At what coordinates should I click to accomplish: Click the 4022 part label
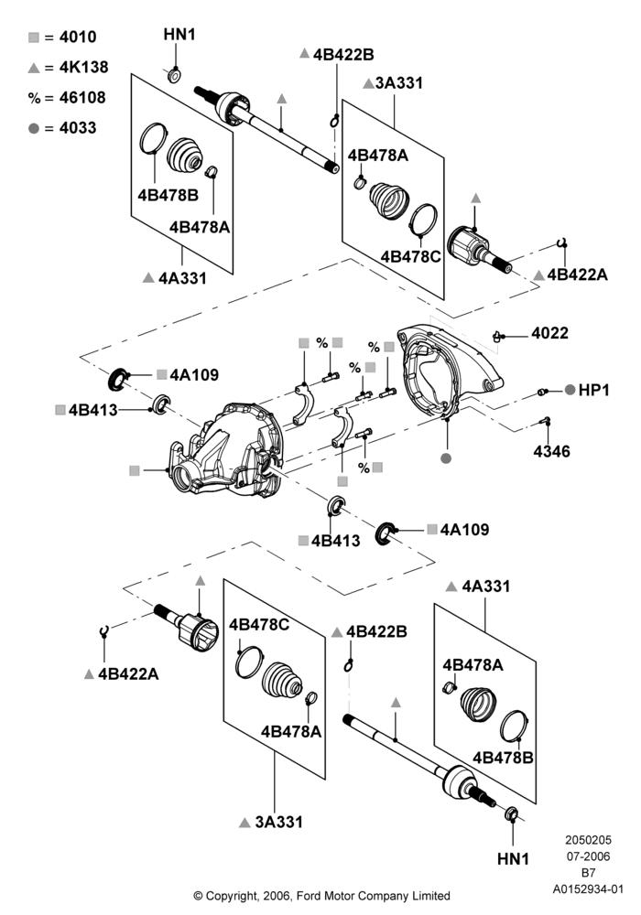(549, 333)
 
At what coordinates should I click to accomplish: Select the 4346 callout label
(551, 451)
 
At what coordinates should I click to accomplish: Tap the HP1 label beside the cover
(593, 391)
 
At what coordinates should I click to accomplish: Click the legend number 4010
(78, 38)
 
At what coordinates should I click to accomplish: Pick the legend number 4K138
(84, 68)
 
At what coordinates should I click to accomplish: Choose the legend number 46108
(82, 98)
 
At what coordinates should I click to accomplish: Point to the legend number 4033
(78, 128)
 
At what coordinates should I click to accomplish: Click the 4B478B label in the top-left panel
(168, 195)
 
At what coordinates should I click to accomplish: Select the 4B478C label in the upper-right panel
(410, 257)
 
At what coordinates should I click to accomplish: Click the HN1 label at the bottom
(513, 859)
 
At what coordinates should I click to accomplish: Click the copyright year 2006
(277, 895)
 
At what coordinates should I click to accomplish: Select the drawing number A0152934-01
(589, 889)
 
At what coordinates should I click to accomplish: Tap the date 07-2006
(589, 856)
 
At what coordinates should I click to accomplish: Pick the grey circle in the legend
(34, 128)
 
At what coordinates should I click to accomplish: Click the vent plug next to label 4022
(497, 336)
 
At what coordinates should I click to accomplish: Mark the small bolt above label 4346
(546, 421)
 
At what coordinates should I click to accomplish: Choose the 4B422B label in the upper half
(343, 55)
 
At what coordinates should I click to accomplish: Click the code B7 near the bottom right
(589, 873)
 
